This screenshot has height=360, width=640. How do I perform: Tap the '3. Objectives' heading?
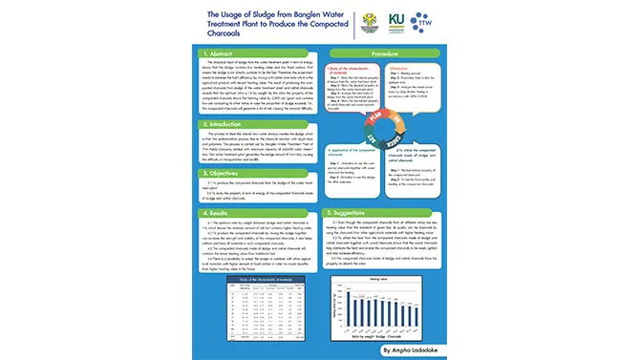[x=227, y=174]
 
